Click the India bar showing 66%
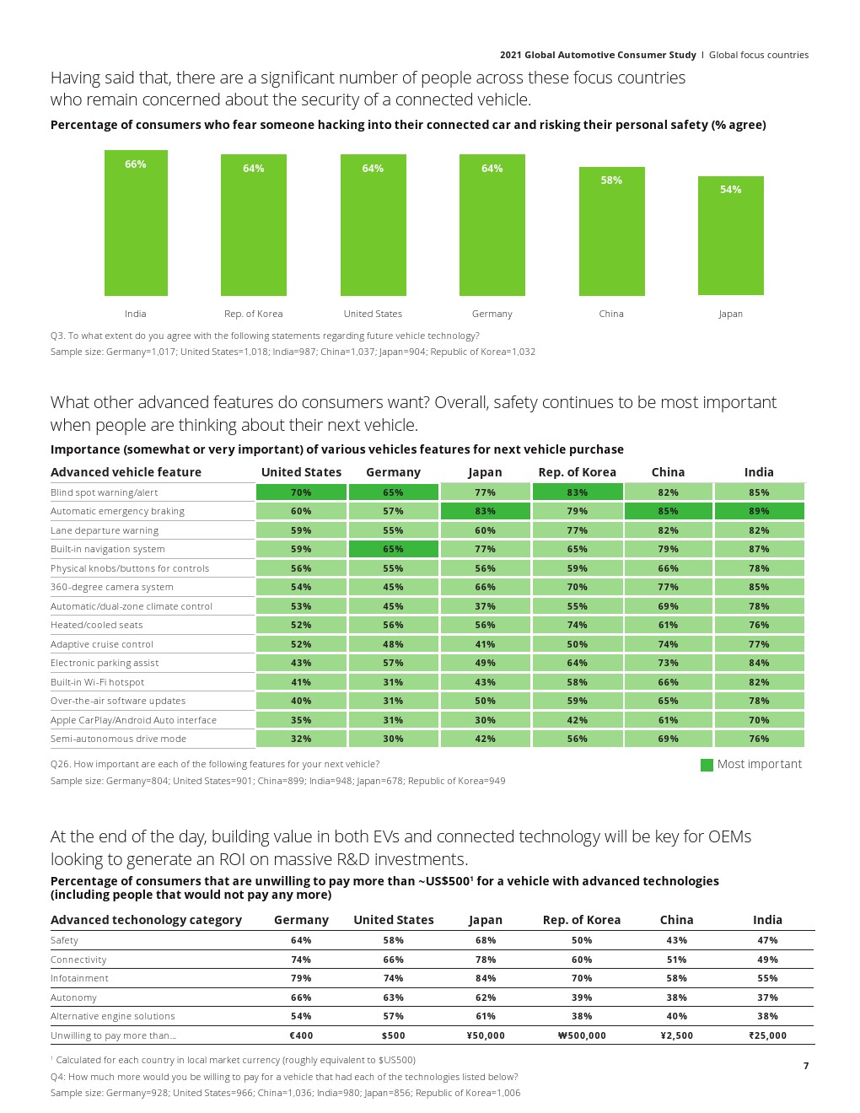[x=136, y=223]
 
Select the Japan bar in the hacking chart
[x=730, y=235]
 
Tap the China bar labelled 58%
[x=611, y=231]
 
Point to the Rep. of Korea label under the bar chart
[x=254, y=314]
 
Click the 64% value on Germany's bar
[x=492, y=169]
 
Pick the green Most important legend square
[x=707, y=765]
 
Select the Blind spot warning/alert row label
[x=104, y=492]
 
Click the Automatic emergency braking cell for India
[x=759, y=511]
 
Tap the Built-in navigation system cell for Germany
[x=393, y=549]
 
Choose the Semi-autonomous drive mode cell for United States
[x=301, y=739]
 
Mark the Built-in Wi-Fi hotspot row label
[x=97, y=682]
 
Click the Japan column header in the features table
[x=485, y=472]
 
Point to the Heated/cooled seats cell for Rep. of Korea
[x=578, y=625]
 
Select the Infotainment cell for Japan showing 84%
[x=486, y=978]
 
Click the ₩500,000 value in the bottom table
[x=582, y=1035]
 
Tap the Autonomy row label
[x=73, y=997]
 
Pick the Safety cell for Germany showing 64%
[x=301, y=940]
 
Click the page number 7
[x=806, y=1066]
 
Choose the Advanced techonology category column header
[x=146, y=920]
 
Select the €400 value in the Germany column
[x=301, y=1035]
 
